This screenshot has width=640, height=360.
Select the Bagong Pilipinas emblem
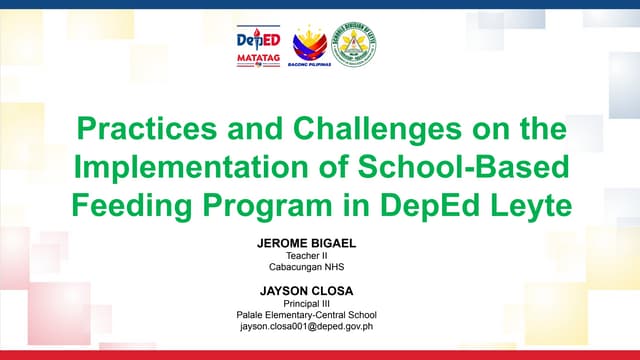coord(308,43)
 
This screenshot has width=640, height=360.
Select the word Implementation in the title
coord(174,167)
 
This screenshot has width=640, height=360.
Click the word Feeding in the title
coord(131,205)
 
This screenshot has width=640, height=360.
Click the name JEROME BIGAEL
coord(320,243)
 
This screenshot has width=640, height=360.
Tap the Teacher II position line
coord(320,255)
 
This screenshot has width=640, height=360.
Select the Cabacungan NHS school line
coord(320,267)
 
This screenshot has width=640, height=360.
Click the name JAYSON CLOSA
coord(320,289)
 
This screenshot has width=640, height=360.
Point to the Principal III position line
coord(320,302)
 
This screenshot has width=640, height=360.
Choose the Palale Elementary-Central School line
coord(320,314)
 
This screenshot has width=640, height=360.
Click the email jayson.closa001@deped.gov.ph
coord(320,326)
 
